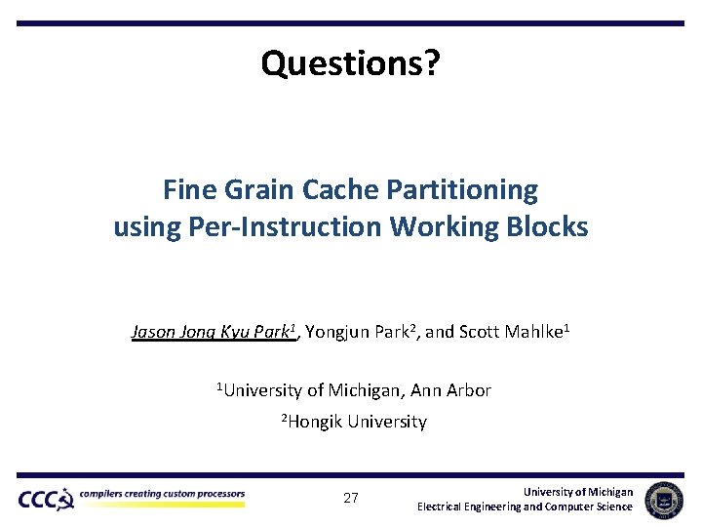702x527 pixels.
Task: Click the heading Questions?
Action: (351, 63)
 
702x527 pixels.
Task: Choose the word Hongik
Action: (318, 423)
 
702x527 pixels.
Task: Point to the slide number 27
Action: (351, 498)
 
